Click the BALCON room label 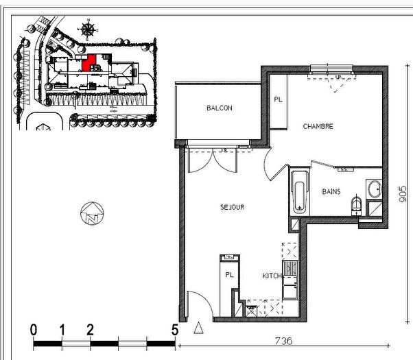coord(220,108)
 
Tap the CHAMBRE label coord(318,126)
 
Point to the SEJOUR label coord(233,207)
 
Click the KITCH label coord(271,276)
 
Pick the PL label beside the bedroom coord(278,99)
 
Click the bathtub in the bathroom coord(299,192)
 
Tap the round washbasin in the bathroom coord(374,188)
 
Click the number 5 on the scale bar coord(174,330)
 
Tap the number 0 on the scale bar coord(34,330)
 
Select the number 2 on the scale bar coord(90,330)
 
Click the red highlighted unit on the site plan coord(88,63)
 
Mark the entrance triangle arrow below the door coord(200,328)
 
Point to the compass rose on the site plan coord(88,29)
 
